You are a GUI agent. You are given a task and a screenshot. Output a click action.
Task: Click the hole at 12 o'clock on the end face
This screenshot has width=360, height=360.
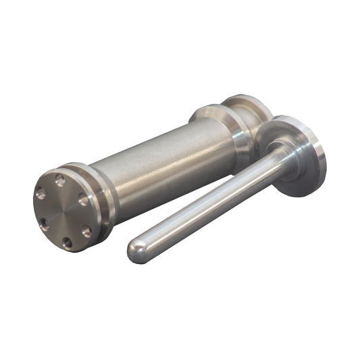click(x=60, y=180)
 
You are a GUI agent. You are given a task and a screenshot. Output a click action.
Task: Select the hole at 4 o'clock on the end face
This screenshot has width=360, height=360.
click(x=86, y=231)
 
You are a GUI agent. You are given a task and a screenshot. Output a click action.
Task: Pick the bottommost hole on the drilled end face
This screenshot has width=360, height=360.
click(x=66, y=241)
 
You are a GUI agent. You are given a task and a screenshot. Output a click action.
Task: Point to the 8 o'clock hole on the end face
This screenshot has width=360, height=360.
click(x=44, y=222)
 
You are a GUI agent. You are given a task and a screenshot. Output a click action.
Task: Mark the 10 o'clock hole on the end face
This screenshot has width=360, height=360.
click(x=41, y=194)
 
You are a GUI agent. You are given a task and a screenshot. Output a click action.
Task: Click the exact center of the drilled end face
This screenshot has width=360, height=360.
click(x=63, y=211)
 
